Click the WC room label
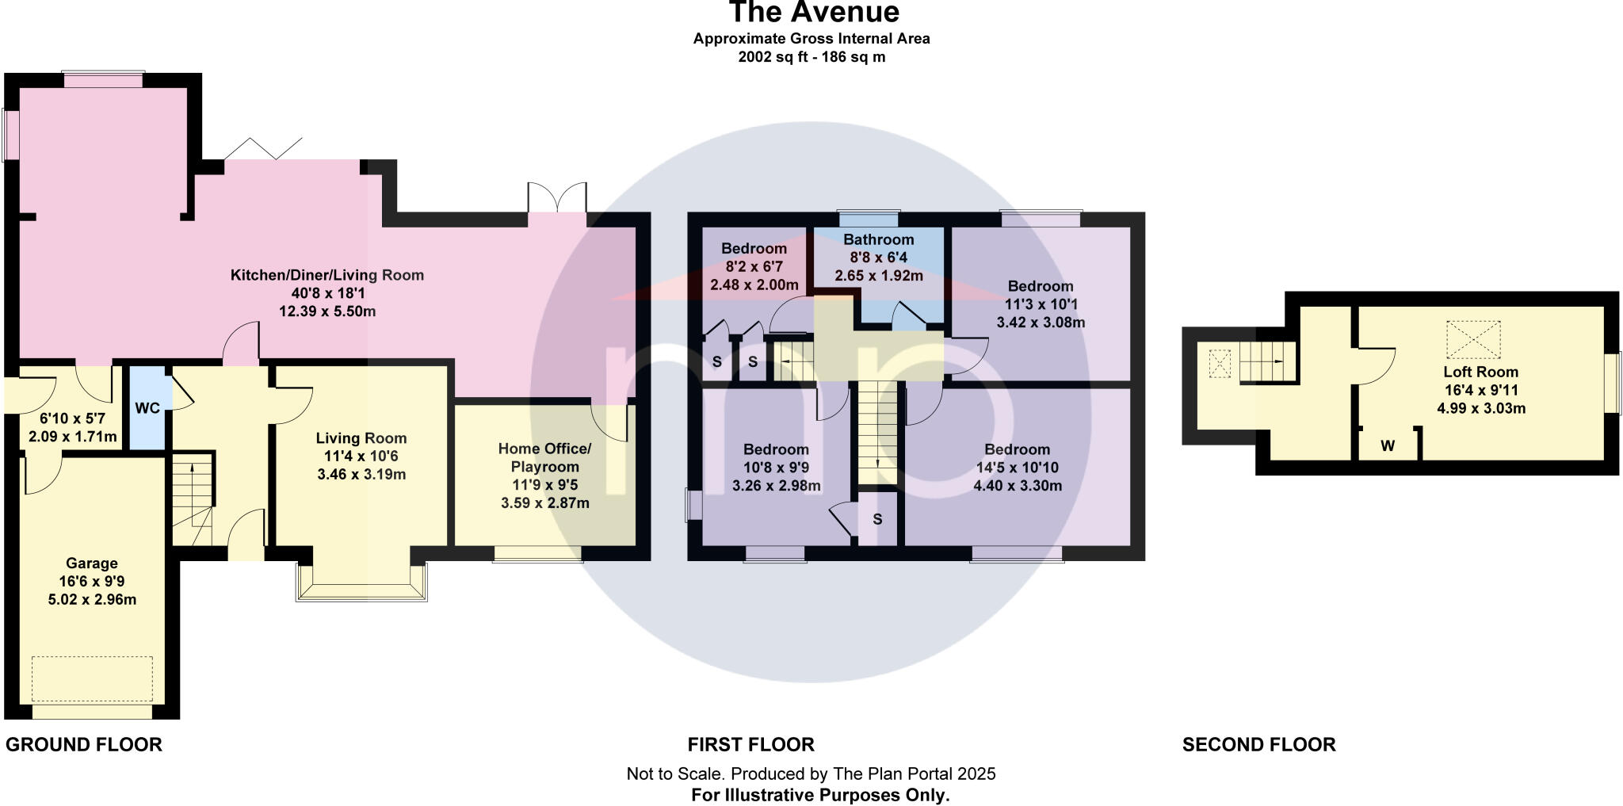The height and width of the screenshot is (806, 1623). tap(147, 408)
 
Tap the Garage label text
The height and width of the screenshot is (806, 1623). tap(92, 563)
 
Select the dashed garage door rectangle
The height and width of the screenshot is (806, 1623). tap(92, 678)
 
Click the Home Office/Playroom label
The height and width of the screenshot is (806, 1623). tap(544, 457)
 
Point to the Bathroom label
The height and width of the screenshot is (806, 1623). tap(878, 239)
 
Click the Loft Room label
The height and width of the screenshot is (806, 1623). tap(1480, 372)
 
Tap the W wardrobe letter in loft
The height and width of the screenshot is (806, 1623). tap(1388, 446)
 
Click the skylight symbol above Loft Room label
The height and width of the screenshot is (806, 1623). tap(1473, 339)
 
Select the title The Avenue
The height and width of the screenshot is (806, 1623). tap(813, 13)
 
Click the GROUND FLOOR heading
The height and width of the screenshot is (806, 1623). tap(84, 745)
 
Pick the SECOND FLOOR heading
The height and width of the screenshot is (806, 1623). tap(1258, 745)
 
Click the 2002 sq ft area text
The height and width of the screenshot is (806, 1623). tap(811, 57)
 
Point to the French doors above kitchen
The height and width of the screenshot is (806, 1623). tap(557, 197)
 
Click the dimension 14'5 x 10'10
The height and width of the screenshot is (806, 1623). tap(1018, 468)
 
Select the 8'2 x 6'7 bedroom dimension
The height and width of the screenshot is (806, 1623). tap(754, 266)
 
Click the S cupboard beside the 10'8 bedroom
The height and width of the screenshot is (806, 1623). tap(877, 520)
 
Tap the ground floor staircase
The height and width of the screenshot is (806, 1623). tap(193, 499)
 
